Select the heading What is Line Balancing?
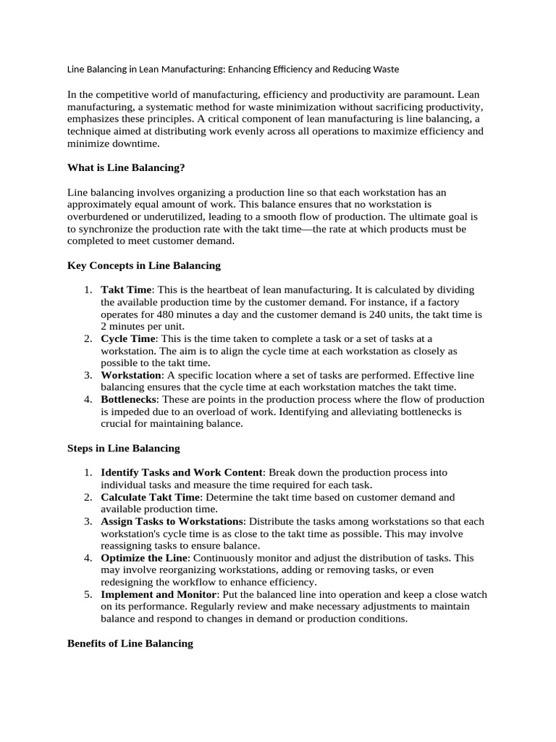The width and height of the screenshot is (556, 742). click(126, 167)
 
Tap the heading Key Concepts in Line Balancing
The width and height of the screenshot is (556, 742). click(144, 265)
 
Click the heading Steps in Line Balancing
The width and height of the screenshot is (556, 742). click(123, 448)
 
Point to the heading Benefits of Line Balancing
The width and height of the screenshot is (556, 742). click(130, 643)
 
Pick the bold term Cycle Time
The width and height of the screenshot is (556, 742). click(128, 338)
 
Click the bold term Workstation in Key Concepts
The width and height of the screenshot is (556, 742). click(131, 375)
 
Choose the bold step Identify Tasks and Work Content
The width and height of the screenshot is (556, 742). click(182, 472)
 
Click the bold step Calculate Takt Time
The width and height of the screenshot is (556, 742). click(150, 497)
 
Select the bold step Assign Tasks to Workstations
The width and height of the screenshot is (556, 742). click(172, 521)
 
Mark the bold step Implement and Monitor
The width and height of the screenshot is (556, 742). click(158, 594)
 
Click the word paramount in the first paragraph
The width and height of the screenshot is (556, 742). click(425, 95)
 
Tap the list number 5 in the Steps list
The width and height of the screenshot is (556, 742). click(87, 594)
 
